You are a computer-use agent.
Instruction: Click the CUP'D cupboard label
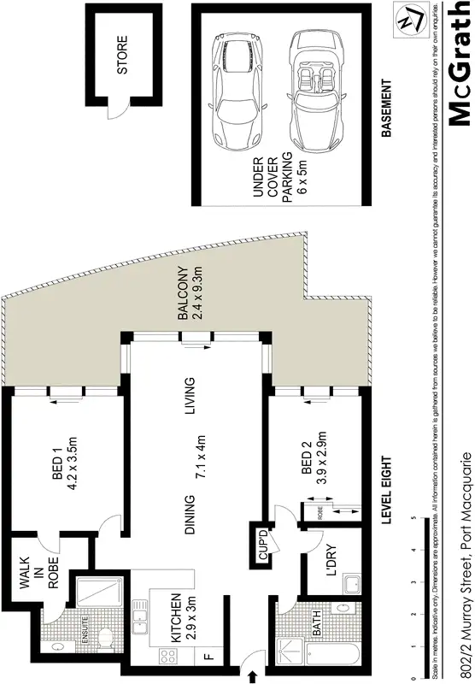point(262,545)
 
